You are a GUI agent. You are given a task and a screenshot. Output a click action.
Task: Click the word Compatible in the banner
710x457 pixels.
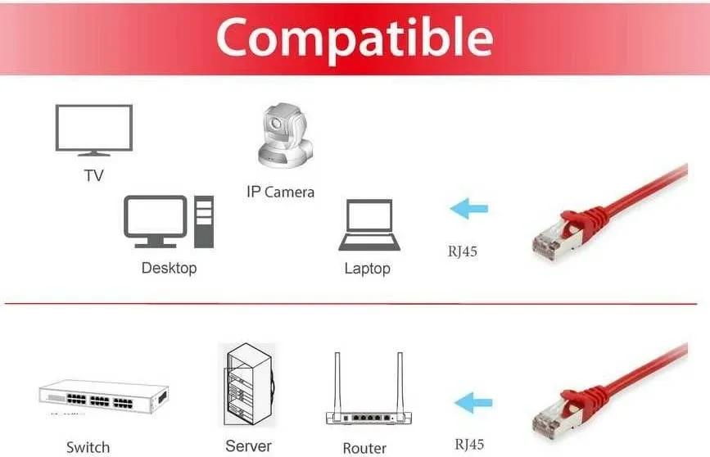point(355,38)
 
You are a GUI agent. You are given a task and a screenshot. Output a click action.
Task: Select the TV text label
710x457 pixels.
point(93,175)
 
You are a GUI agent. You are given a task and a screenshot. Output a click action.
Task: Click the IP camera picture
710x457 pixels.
point(285,136)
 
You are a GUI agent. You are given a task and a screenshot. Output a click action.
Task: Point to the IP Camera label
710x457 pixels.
point(280,192)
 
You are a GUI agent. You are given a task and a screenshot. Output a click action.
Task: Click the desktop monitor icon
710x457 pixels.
point(156,221)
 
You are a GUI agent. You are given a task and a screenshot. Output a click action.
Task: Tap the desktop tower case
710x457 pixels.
point(204,222)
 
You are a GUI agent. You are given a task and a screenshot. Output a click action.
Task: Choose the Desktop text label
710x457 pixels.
point(169,268)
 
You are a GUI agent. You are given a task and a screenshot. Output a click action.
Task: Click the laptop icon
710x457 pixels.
point(369,225)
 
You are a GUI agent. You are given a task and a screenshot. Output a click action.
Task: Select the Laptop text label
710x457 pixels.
point(367,269)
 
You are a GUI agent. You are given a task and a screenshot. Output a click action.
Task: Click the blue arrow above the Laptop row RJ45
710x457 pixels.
point(469,208)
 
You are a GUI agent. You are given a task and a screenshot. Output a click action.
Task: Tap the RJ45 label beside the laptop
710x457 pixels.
point(463,251)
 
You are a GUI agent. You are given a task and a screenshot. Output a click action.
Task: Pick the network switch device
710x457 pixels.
point(104,396)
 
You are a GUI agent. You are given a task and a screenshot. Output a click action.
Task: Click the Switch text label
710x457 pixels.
point(88,447)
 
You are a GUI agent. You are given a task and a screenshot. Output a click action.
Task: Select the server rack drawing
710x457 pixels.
point(249,385)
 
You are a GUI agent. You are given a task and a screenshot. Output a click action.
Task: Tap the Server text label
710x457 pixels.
point(249,446)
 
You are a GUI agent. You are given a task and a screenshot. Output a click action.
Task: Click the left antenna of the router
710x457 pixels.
point(337,382)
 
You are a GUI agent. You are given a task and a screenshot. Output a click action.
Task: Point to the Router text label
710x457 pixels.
point(364,448)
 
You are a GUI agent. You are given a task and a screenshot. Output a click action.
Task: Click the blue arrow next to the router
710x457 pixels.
point(473,403)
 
